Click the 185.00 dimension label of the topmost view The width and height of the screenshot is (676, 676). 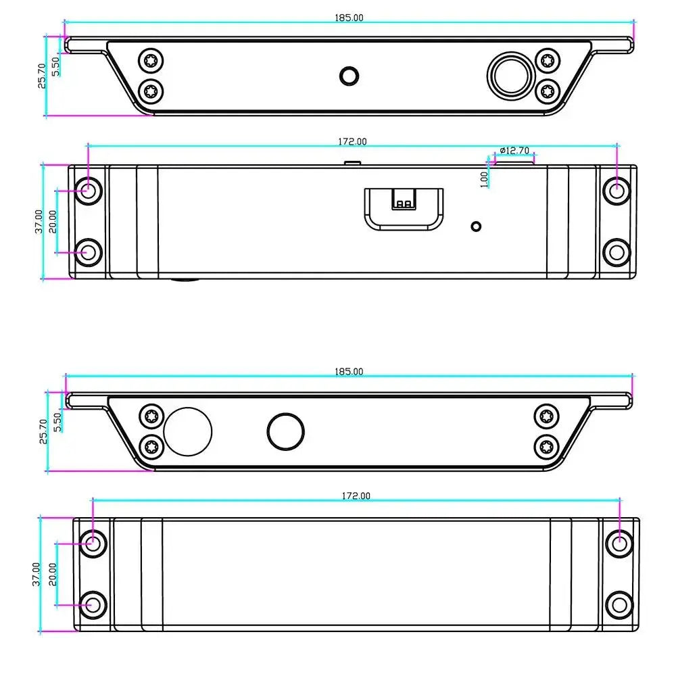click(x=349, y=18)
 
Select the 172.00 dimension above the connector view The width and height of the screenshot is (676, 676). click(x=352, y=141)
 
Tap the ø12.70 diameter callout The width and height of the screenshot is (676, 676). click(x=514, y=151)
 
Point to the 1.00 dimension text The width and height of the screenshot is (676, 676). click(x=484, y=179)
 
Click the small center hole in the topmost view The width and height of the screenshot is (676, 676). click(x=349, y=76)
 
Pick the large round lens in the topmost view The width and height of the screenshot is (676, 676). click(x=511, y=76)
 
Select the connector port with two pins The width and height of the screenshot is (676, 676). click(x=404, y=209)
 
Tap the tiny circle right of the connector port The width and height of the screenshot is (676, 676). click(x=476, y=226)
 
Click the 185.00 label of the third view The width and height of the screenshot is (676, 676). click(x=349, y=372)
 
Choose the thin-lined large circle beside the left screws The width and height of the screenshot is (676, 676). click(x=188, y=431)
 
